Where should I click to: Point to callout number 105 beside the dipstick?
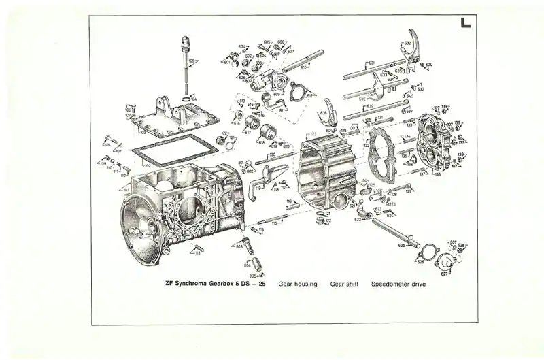(192, 62)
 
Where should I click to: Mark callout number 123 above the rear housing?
(313, 134)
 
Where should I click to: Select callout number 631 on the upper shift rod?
(371, 63)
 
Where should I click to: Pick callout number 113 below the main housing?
(197, 252)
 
